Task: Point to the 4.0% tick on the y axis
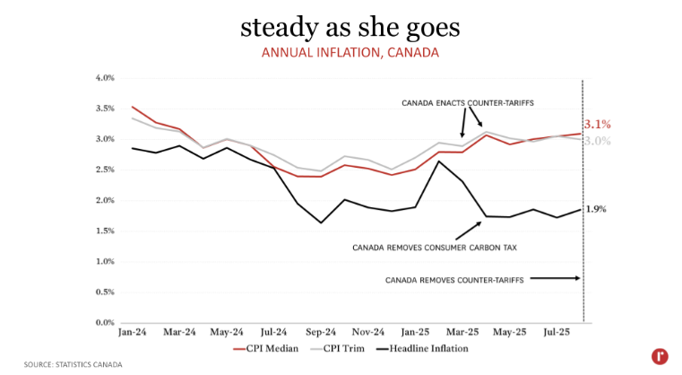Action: click(x=105, y=78)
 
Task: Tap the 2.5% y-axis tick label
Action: click(x=105, y=170)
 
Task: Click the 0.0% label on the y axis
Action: click(x=105, y=322)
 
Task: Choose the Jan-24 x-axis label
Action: click(x=133, y=333)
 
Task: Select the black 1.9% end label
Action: click(x=596, y=209)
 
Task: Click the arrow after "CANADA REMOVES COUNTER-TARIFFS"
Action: click(x=556, y=279)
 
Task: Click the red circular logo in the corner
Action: click(x=660, y=356)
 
